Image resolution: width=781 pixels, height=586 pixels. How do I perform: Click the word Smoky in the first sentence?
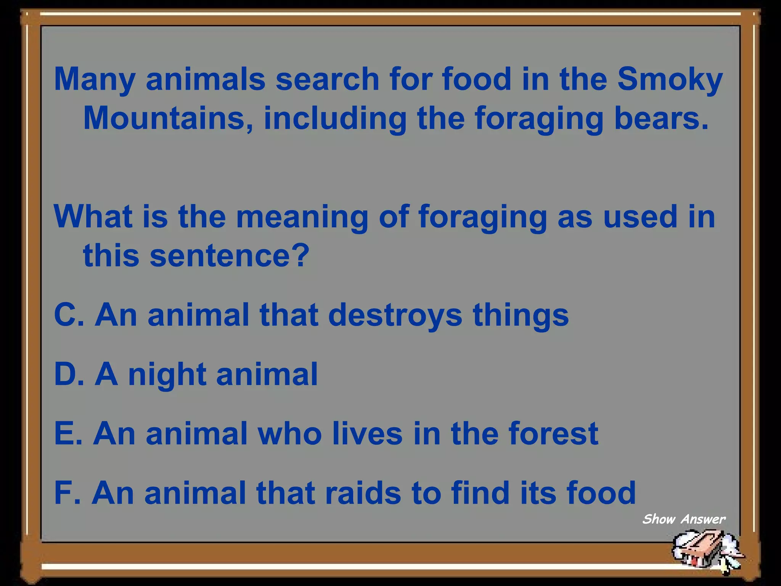pos(670,79)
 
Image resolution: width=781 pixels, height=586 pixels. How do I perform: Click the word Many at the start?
pos(95,79)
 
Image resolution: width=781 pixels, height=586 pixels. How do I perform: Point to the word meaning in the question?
pos(302,217)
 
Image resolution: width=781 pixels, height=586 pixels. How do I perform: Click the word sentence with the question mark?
pos(229,255)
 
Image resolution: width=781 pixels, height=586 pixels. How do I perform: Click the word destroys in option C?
pos(395,315)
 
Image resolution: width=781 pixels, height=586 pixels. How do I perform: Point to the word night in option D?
pos(167,375)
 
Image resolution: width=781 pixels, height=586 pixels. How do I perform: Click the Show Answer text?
pos(684,519)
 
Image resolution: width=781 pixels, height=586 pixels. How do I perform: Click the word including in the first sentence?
pos(335,119)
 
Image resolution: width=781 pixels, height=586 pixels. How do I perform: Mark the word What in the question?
pos(93,217)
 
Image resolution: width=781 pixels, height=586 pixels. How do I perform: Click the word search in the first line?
pos(327,79)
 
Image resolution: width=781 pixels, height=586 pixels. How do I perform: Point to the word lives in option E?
pos(367,434)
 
